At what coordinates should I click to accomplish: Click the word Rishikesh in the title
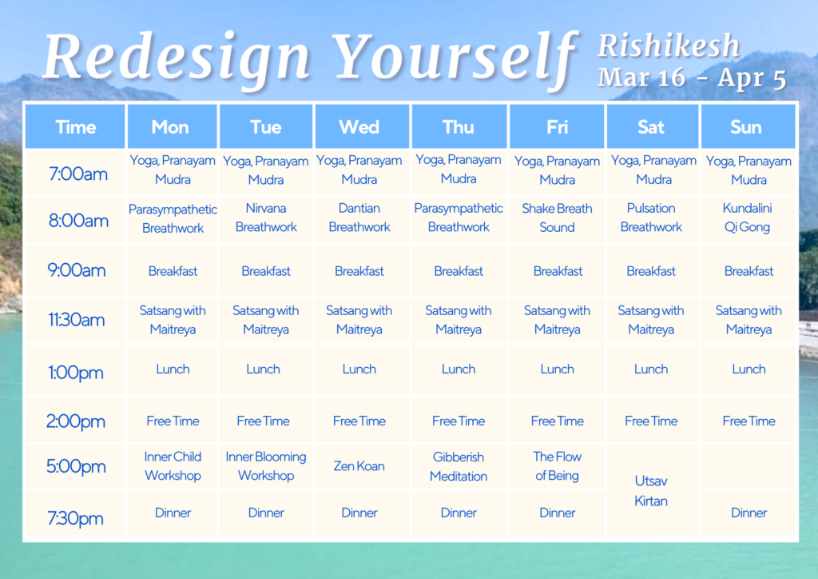669,46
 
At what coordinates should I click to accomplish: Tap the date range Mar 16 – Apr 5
692,78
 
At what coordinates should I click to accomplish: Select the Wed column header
359,127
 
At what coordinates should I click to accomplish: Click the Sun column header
747,127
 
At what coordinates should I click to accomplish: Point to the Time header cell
76,127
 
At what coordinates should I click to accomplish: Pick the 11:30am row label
77,320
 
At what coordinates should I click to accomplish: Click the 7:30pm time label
76,518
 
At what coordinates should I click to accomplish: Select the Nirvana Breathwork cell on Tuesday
266,218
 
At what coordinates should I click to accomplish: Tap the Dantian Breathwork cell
359,218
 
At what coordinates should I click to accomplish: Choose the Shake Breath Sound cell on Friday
557,218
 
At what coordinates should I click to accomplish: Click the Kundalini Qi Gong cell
748,218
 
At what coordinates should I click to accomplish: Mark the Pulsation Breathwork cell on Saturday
652,218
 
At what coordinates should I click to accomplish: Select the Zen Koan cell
359,466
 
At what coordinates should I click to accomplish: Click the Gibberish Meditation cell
459,467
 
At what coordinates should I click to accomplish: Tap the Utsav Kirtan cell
652,491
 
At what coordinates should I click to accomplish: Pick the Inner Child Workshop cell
173,466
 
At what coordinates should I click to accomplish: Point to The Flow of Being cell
557,466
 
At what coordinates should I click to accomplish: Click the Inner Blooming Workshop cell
266,466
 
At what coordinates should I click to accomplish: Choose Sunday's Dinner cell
749,513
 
